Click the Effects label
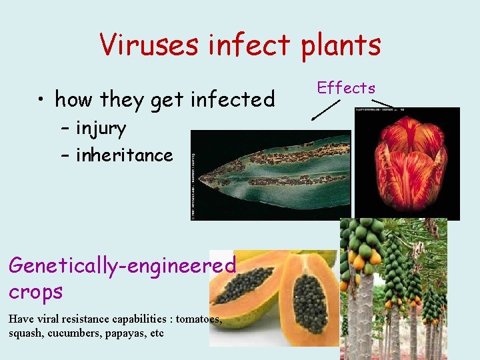(x=346, y=88)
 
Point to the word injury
(x=101, y=127)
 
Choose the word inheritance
(x=124, y=155)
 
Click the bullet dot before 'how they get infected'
(x=41, y=100)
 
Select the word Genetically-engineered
(x=122, y=265)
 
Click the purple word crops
(x=35, y=291)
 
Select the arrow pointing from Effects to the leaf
(x=326, y=109)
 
